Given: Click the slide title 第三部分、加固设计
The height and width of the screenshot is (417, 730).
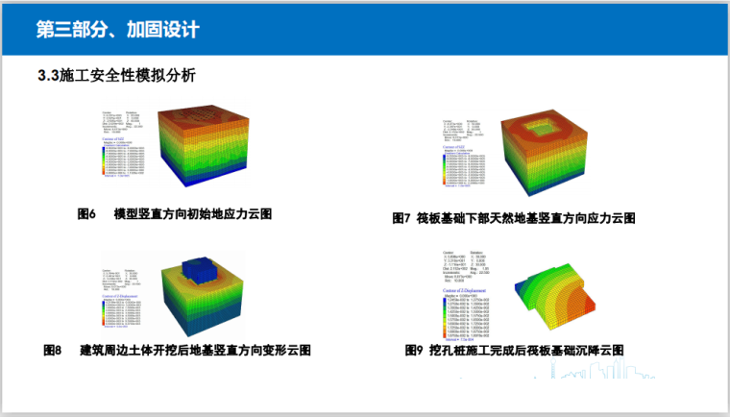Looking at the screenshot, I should (117, 30).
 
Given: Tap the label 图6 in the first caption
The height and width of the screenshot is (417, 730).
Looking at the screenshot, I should (86, 214).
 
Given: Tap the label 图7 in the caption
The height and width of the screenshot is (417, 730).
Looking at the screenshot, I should (401, 218).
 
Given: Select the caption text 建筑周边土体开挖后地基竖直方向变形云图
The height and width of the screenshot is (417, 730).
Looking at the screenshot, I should (195, 351).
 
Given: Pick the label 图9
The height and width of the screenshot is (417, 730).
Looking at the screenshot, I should (414, 351).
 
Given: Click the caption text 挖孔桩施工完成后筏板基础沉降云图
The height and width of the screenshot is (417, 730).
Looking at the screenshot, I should (525, 351).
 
